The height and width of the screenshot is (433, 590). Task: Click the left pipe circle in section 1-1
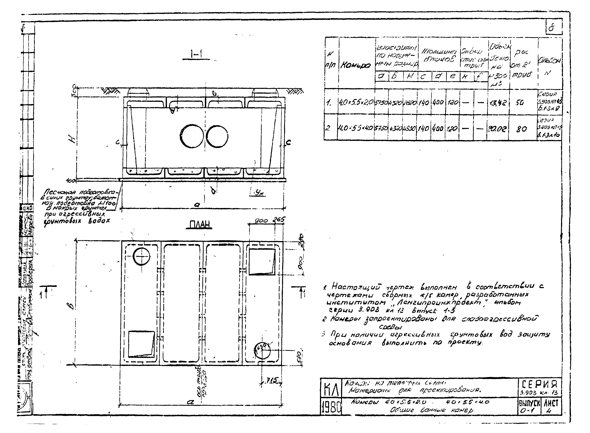(x=192, y=136)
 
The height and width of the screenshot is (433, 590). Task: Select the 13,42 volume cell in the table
(x=498, y=103)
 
